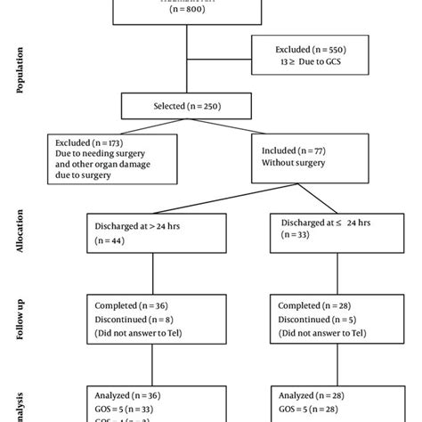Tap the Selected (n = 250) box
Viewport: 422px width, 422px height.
coord(185,107)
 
